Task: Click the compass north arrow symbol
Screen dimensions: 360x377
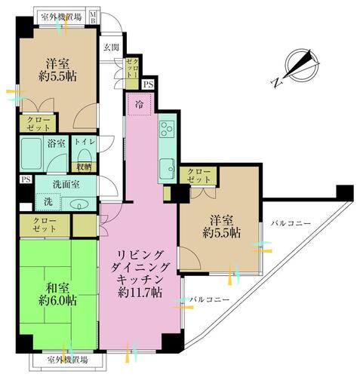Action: (303, 65)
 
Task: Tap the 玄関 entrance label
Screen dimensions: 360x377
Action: (112, 48)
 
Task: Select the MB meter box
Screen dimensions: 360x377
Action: (93, 17)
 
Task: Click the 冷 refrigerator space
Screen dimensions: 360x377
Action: (139, 104)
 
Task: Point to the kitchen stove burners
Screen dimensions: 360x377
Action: (167, 129)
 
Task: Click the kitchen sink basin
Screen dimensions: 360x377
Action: (168, 168)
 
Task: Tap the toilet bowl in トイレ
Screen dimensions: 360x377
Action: (84, 157)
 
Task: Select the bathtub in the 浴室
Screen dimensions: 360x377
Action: (31, 154)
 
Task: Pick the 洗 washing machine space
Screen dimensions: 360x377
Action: (48, 202)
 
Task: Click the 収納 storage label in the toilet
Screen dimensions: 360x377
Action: (84, 167)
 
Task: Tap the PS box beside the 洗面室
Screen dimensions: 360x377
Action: (26, 179)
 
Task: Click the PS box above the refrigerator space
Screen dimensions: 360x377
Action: (148, 84)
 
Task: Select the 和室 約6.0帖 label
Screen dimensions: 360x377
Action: (58, 294)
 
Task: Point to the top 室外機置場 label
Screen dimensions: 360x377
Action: (61, 17)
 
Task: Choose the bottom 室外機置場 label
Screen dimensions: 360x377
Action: (68, 360)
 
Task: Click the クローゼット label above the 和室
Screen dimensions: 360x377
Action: (45, 225)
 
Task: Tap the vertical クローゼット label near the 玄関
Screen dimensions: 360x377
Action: (132, 68)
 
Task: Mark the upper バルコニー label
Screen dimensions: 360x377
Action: (291, 223)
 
